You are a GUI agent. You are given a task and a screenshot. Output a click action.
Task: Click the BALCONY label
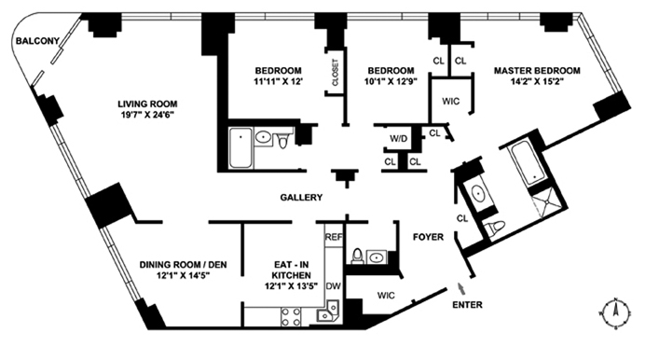pos(37,41)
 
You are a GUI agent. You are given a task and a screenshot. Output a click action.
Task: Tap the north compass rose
pos(615,312)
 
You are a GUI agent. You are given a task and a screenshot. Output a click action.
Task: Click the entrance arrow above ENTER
pos(461,288)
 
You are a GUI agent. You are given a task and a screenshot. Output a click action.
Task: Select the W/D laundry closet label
pos(398,139)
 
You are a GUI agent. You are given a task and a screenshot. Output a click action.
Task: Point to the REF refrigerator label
pos(334,237)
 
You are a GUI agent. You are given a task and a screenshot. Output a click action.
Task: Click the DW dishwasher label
pos(334,285)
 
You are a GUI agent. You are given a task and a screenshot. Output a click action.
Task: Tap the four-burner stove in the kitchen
pos(291,317)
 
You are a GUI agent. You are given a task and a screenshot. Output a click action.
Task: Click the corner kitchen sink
pos(328,312)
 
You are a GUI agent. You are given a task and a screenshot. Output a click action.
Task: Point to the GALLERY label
pos(301,198)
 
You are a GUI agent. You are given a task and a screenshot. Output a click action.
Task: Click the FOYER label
pos(428,237)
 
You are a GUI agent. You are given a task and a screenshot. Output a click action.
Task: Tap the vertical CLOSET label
pos(336,73)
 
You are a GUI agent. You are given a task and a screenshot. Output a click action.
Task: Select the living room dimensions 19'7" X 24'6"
pos(147,115)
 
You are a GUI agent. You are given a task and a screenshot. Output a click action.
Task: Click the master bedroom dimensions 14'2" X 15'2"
pos(537,81)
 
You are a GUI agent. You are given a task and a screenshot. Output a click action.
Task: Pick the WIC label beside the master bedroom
pos(451,102)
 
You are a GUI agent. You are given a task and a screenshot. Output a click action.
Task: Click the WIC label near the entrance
pos(386,296)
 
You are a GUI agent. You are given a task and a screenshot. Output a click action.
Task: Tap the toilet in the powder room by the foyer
pos(357,256)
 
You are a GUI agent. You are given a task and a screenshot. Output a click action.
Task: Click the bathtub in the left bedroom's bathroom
pos(240,147)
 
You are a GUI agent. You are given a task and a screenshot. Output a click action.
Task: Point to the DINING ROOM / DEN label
pos(183,265)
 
